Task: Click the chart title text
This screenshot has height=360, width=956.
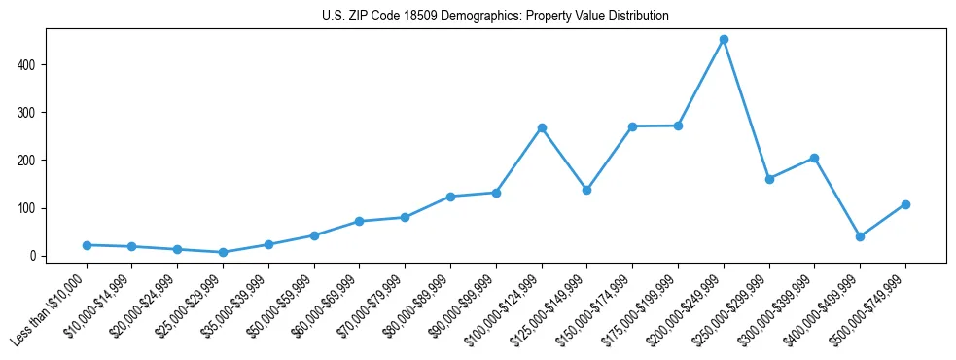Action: [x=495, y=17]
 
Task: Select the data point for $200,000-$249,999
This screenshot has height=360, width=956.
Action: [x=724, y=40]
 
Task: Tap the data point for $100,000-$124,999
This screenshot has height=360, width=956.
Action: [x=542, y=128]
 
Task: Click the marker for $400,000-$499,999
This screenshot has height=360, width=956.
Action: [x=860, y=236]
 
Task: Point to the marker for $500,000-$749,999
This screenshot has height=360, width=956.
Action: [x=905, y=204]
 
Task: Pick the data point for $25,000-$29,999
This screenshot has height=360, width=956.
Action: [x=223, y=252]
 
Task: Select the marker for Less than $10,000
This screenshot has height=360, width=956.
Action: [x=87, y=245]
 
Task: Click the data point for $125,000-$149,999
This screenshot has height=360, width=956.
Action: [x=587, y=190]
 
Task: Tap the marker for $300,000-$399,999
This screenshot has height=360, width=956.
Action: [x=814, y=158]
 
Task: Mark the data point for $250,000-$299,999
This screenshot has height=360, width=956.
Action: [x=769, y=179]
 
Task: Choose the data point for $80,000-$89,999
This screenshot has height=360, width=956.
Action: [x=450, y=197]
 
